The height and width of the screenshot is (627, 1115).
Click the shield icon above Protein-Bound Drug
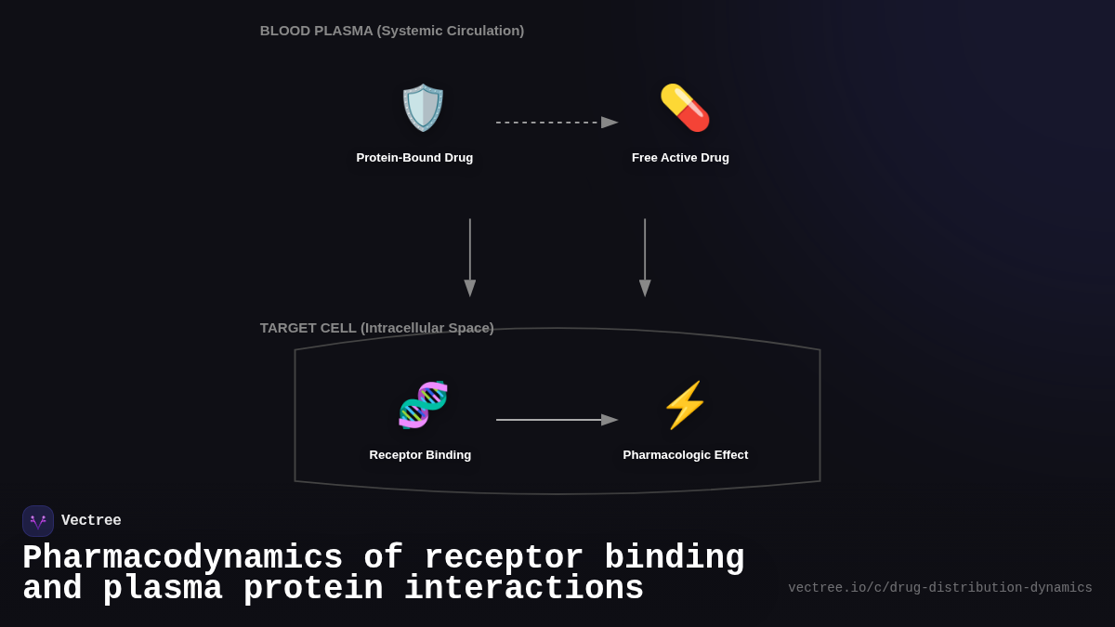423,108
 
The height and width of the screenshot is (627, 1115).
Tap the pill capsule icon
685,108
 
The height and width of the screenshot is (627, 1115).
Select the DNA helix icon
423,405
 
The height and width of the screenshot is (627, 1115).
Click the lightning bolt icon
685,405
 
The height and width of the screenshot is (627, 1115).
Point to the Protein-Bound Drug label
414,158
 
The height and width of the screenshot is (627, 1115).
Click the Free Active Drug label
680,158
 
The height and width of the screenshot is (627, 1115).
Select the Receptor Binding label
420,455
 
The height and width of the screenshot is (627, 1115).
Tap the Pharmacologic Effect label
686,455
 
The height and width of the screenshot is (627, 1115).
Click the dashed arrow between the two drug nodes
556,123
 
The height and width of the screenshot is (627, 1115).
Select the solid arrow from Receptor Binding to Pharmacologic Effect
556,420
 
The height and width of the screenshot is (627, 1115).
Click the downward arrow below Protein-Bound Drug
470,257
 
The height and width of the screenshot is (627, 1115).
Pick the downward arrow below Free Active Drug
645,257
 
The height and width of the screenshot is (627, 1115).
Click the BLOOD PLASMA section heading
392,31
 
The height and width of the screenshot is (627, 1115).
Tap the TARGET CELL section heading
376,328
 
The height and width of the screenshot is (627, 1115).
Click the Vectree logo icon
38,521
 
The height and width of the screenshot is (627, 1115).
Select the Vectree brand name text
91,521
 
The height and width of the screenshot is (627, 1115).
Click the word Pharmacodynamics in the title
182,558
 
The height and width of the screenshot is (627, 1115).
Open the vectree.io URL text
939,588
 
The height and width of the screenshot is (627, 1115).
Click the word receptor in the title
504,558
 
